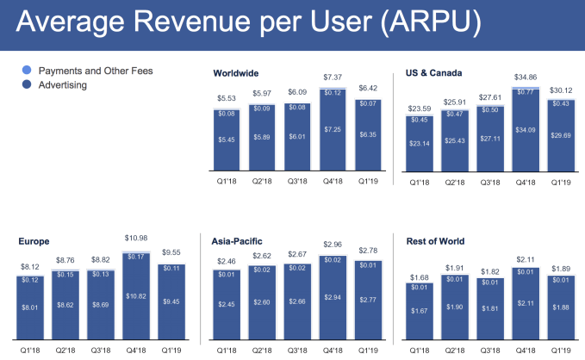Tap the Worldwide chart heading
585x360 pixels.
pyautogui.click(x=236, y=73)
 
